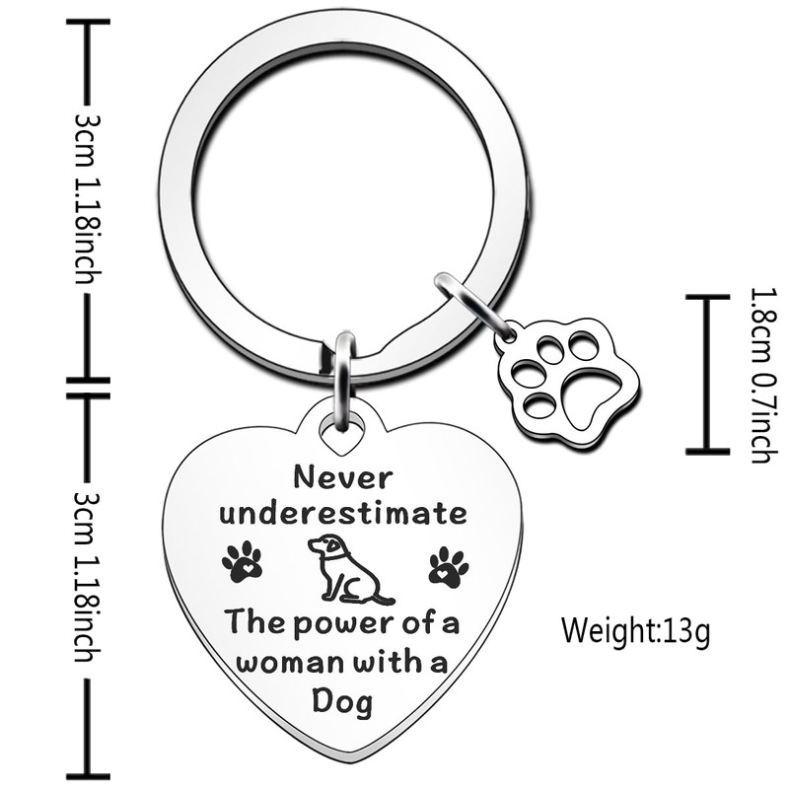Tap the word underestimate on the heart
[343, 514]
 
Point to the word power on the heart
[325, 623]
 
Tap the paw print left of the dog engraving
[243, 563]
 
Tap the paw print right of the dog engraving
[449, 567]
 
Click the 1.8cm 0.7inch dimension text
[760, 375]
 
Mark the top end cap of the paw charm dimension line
[707, 296]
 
